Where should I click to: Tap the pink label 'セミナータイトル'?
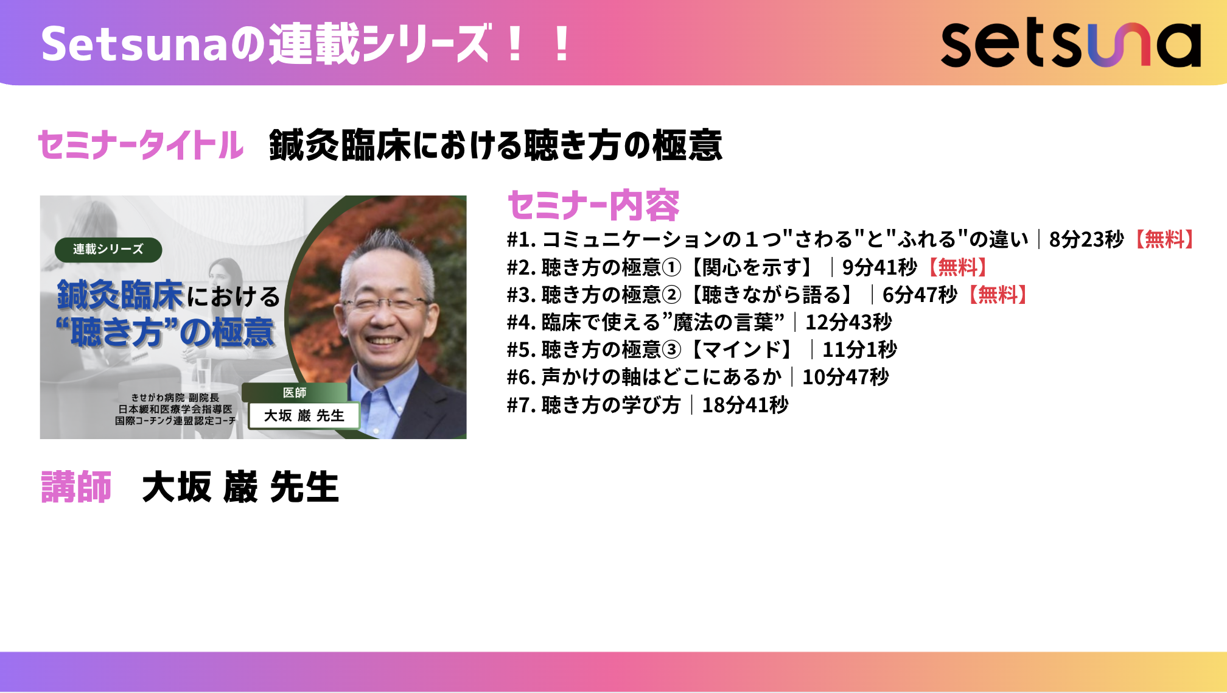point(141,145)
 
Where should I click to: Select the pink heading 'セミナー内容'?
point(593,205)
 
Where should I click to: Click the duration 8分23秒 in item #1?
point(1086,239)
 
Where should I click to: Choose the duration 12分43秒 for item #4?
point(848,322)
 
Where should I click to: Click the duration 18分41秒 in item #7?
point(746,405)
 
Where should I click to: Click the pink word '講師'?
point(76,487)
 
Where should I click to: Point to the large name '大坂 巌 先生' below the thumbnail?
point(240,487)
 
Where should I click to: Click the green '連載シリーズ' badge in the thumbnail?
point(108,250)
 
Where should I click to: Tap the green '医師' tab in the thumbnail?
point(295,393)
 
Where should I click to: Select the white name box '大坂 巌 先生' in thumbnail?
point(304,415)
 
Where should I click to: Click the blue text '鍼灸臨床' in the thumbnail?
point(120,295)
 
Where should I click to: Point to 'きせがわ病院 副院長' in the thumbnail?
point(175,398)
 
